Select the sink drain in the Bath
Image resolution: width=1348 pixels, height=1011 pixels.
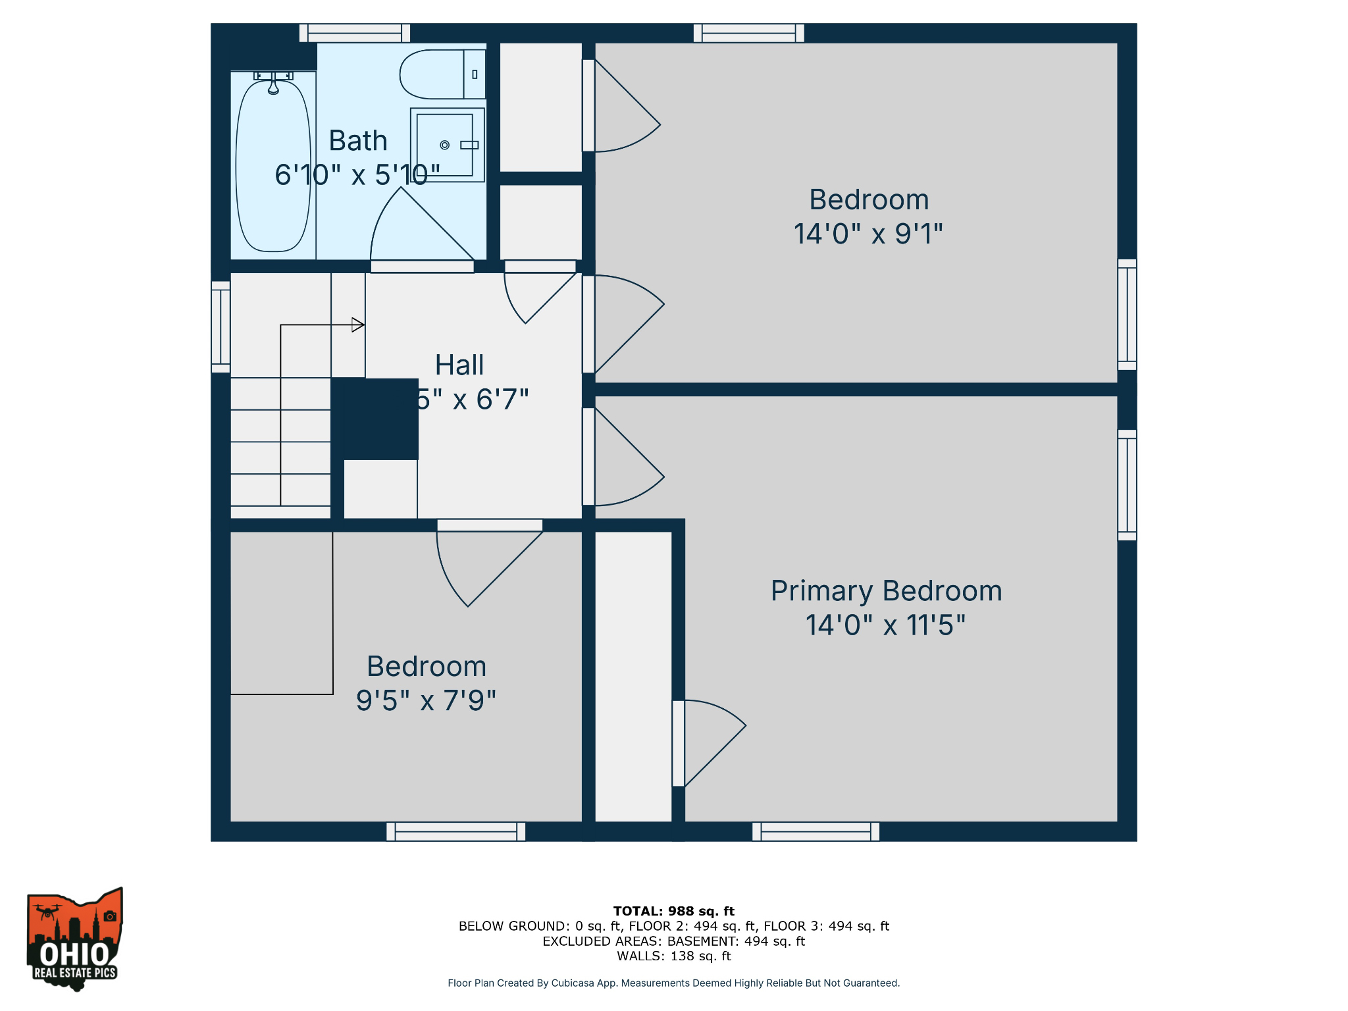(444, 145)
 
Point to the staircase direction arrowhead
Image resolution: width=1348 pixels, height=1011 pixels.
(359, 324)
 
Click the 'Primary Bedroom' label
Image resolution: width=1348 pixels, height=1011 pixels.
(886, 590)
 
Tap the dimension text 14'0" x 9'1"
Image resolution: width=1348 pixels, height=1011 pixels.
(868, 234)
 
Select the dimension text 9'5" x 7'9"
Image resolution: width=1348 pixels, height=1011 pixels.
(426, 700)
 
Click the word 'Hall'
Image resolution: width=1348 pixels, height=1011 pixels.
(459, 365)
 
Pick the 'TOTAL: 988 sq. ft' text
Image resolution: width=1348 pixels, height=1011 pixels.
(673, 911)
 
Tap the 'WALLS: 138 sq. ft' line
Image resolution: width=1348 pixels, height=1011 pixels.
(673, 956)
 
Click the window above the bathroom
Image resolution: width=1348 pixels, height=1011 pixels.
(355, 33)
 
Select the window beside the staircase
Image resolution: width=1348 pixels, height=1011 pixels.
(220, 326)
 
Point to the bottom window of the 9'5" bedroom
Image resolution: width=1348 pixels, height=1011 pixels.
(455, 831)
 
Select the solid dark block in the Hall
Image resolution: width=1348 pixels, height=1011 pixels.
(375, 419)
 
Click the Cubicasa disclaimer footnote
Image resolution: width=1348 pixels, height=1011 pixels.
(673, 983)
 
